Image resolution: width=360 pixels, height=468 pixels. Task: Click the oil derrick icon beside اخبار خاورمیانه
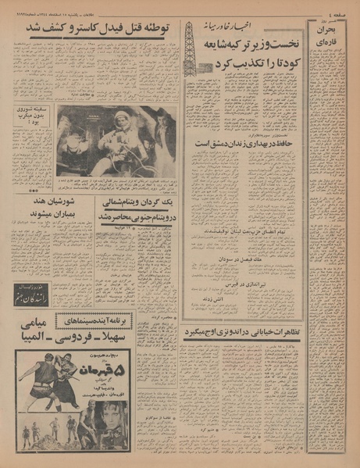(x=189, y=47)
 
